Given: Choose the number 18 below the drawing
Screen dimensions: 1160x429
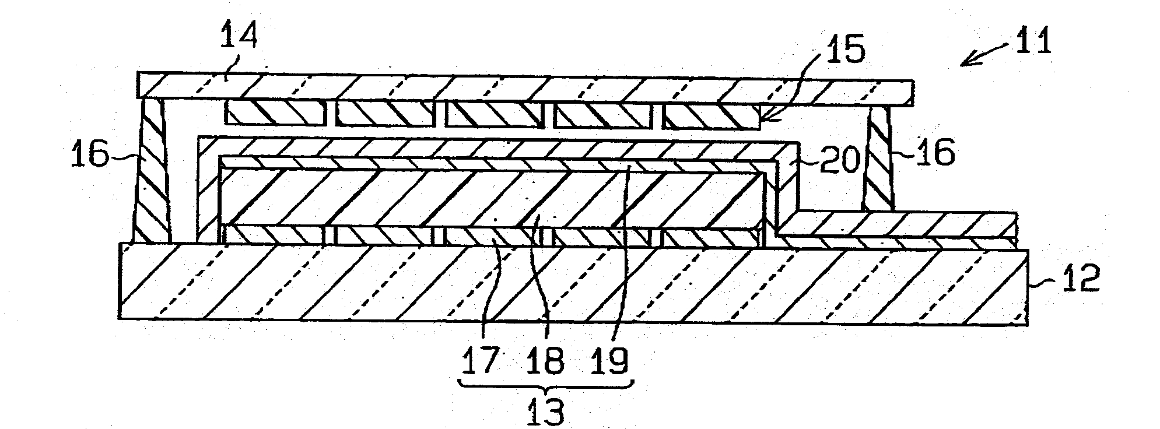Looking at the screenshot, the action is coord(546,360).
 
